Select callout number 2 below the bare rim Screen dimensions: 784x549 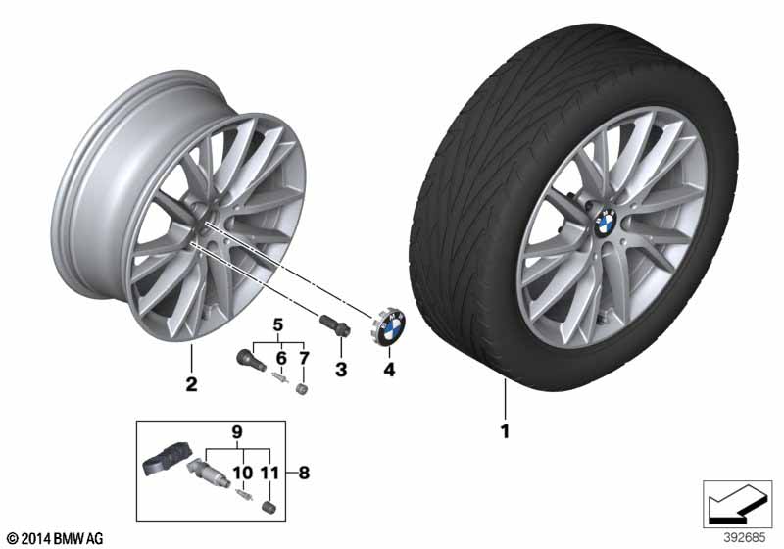(191, 383)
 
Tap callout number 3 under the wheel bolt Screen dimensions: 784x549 (340, 370)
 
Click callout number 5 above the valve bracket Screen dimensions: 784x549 (277, 324)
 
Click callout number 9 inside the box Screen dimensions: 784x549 (235, 430)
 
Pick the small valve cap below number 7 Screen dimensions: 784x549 (303, 389)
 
